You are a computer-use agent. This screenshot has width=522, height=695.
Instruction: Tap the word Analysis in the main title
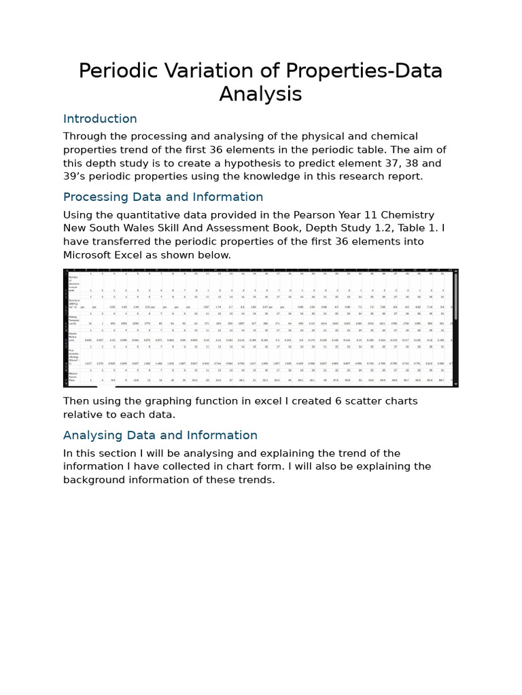(260, 94)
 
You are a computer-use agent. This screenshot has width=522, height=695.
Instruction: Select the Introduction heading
(100, 119)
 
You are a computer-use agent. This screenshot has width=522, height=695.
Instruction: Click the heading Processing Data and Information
(163, 197)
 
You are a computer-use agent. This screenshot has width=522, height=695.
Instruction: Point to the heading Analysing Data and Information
(160, 435)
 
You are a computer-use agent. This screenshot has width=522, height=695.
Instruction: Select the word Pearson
(294, 215)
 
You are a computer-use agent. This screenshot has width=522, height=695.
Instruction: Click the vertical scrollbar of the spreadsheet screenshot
(455, 299)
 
